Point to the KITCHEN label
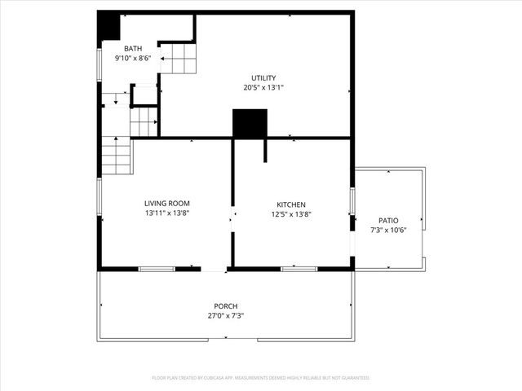[x=291, y=204]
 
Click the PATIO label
[x=388, y=220]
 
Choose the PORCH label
[x=225, y=305]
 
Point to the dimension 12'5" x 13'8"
[x=291, y=214]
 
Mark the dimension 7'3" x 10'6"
[x=388, y=230]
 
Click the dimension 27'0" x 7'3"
[x=225, y=315]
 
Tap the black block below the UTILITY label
[x=250, y=124]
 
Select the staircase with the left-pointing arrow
[x=177, y=59]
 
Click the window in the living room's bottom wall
[x=157, y=268]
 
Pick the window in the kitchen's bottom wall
[x=299, y=268]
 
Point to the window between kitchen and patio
[x=352, y=200]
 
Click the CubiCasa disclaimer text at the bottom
[x=261, y=378]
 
